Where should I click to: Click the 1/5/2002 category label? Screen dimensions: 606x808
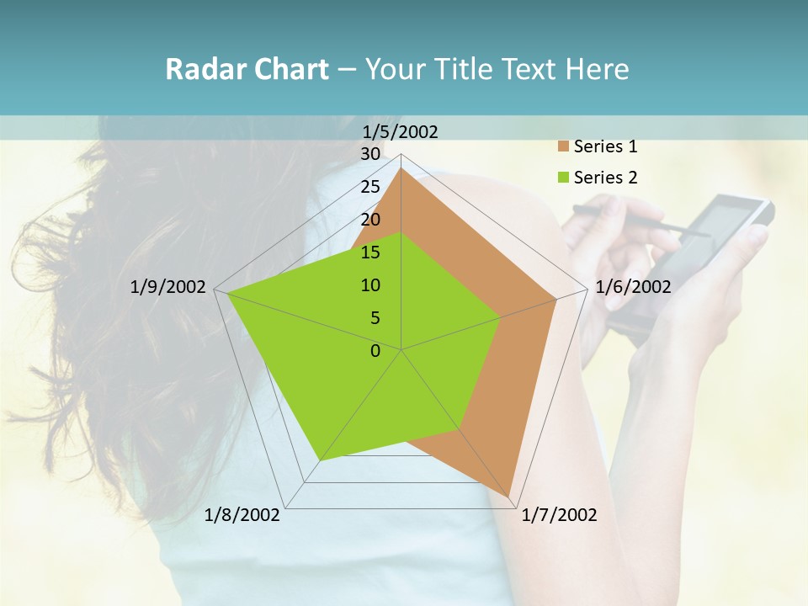coord(401,131)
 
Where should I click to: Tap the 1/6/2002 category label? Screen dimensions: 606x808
coord(633,287)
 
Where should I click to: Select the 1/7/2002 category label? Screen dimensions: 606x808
coord(559,515)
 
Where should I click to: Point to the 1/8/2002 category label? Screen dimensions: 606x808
coord(242,515)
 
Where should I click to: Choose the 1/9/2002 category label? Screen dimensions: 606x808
coord(168,287)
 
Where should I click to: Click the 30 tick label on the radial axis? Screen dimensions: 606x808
coord(370,154)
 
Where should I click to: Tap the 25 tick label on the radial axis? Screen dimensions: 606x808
coord(370,187)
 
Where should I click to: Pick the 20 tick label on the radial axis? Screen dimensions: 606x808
coord(370,220)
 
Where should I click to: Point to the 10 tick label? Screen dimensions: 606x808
coord(370,285)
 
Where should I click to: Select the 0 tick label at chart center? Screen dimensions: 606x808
coord(375,351)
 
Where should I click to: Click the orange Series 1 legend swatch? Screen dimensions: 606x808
coord(564,147)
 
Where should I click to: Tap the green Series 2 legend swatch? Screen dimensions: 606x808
coord(564,178)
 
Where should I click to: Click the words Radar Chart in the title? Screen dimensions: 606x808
coord(247,69)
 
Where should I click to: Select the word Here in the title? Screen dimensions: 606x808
coord(597,69)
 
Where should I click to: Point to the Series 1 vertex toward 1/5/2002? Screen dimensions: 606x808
coord(401,168)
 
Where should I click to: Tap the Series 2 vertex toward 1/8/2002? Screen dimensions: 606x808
coord(320,460)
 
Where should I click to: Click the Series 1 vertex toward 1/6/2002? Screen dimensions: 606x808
coord(556,299)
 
